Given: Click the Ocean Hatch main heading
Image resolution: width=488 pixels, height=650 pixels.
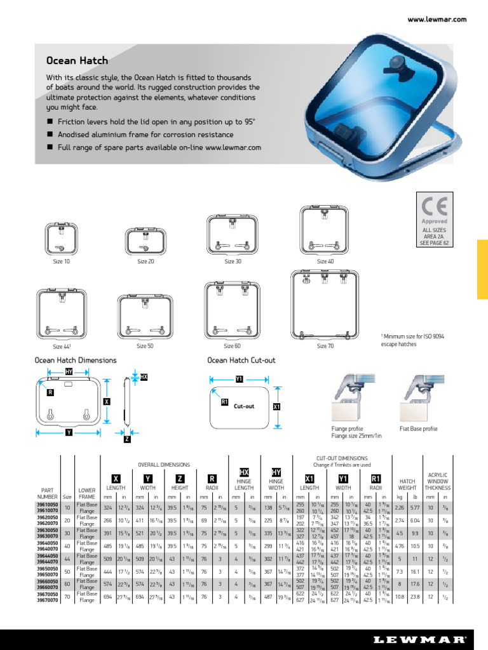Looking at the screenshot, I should pos(77,61).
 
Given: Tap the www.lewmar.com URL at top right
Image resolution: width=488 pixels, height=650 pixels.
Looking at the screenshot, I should pos(437,20).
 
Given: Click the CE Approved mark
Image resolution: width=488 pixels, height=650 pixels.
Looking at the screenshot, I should pos(435,209).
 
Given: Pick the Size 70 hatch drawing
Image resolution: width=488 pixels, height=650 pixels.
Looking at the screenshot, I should pos(325,305).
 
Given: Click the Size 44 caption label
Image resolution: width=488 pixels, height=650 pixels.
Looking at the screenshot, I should pos(62,347).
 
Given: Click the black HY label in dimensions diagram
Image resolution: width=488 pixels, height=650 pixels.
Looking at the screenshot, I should pos(69,371).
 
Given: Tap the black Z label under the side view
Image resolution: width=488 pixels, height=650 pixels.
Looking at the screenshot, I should pos(127,439).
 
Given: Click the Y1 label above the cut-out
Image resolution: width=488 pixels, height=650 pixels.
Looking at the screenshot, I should pos(240,378).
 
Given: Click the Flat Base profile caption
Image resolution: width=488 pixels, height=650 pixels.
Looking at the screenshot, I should pos(418,428).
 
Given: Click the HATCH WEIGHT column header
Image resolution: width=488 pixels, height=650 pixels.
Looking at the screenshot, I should pos(407,484).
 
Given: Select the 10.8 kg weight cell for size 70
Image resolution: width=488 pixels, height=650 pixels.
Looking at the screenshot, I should pos(400,596).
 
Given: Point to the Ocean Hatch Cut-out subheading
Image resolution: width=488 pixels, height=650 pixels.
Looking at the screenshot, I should pos(241,360).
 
